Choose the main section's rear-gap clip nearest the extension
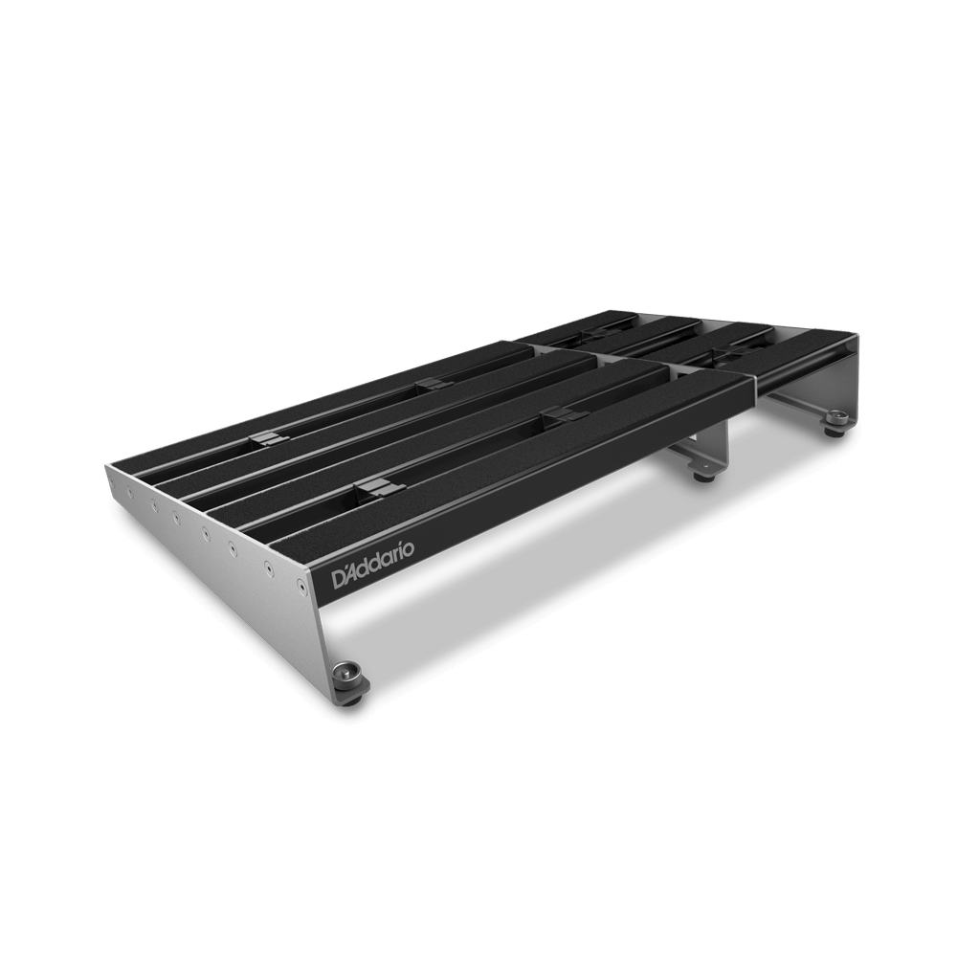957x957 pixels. [429, 384]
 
